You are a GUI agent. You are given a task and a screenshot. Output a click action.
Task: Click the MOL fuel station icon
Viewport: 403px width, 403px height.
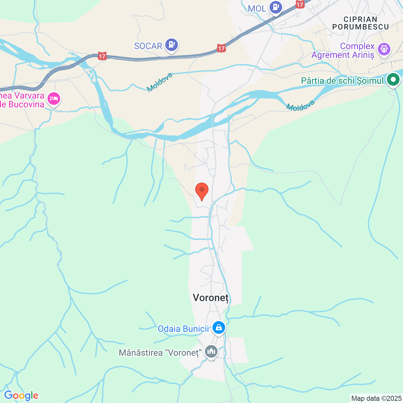pos(276,7)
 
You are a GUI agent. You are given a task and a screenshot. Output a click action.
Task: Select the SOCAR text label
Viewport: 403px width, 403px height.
pos(148,46)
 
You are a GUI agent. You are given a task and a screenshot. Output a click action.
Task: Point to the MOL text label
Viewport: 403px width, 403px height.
pos(257,9)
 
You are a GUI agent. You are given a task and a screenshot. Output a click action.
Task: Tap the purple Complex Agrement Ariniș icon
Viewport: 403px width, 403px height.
pos(384,49)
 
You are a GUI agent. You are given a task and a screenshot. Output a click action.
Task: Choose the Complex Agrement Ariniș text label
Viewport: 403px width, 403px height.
pos(343,51)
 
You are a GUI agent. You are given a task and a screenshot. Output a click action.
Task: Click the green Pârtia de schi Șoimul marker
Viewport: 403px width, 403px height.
pos(393,80)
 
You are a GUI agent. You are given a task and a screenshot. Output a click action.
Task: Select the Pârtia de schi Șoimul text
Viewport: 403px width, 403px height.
pos(342,81)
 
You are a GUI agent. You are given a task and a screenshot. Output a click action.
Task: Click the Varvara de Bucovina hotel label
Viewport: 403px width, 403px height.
pos(22,100)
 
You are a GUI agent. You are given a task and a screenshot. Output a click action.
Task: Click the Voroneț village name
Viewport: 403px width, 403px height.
pos(211,298)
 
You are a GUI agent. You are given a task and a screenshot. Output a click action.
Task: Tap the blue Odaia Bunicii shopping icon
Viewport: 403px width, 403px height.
pos(219,328)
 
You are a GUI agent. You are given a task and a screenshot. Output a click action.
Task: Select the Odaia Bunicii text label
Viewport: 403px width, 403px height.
pos(183,329)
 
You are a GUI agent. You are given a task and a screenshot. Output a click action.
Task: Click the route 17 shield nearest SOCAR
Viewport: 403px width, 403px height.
pos(221,48)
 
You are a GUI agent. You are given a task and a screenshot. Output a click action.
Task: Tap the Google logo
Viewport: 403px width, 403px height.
pos(21,395)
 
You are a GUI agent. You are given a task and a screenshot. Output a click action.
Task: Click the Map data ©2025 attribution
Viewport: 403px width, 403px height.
pos(376,398)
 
